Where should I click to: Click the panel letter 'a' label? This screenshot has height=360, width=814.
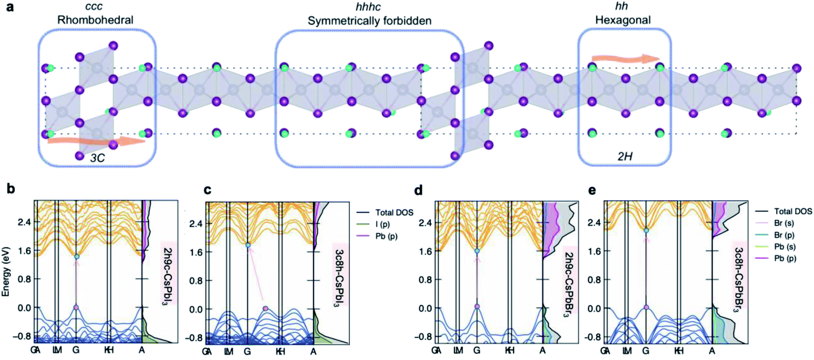pos(10,7)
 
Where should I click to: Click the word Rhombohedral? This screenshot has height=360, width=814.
pos(95,20)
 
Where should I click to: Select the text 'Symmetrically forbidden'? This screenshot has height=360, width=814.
pos(369,21)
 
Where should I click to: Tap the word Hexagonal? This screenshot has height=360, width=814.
pos(623,20)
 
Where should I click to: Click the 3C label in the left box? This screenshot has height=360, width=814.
pos(97,158)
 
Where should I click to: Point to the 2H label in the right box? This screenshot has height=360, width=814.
pos(625,156)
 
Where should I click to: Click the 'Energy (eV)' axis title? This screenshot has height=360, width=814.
pos(6,272)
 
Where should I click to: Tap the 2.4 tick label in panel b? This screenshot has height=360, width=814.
pos(24,222)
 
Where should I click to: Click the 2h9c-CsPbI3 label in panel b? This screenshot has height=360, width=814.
pos(168,276)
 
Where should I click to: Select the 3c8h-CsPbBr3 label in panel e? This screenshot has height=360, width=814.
pos(738,280)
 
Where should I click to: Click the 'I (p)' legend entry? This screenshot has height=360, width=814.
pos(382,224)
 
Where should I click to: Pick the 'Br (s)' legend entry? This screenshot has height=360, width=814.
pos(784,223)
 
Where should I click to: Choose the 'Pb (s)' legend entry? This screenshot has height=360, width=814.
pos(784,247)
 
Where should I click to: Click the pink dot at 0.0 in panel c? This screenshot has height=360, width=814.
pos(266,308)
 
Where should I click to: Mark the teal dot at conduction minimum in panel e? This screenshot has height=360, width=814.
pos(646,230)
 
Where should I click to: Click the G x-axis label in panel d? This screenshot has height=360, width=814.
pos(477,351)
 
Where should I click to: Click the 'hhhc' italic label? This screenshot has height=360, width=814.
pos(368,7)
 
